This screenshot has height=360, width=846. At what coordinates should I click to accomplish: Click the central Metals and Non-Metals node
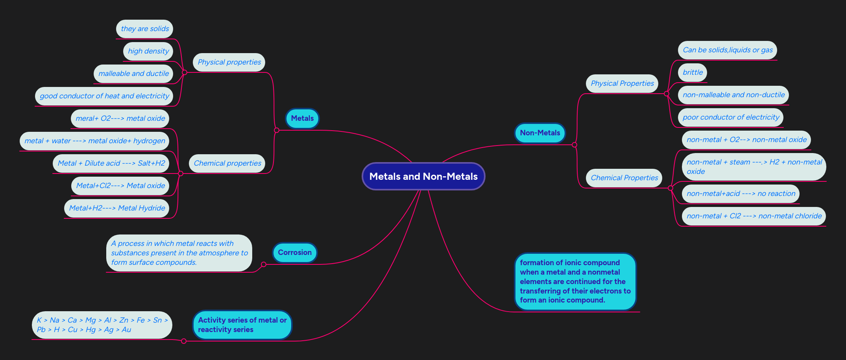(x=423, y=176)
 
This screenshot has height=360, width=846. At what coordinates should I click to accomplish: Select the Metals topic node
(x=302, y=118)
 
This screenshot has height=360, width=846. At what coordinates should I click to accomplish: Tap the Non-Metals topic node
(x=540, y=133)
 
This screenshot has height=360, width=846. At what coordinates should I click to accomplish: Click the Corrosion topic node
(x=295, y=253)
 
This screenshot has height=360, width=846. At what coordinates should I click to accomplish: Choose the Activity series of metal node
(x=242, y=325)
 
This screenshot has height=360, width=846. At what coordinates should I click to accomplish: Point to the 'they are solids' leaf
(x=145, y=29)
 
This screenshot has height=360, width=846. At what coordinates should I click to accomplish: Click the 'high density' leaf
(x=148, y=51)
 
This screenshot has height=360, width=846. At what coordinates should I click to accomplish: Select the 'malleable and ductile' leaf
(x=133, y=74)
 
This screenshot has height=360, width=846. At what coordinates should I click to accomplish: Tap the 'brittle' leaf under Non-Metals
(x=693, y=72)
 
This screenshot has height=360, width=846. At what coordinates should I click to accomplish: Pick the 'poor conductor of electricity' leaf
(x=731, y=117)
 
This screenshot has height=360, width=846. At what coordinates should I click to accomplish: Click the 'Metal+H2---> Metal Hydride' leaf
(x=117, y=208)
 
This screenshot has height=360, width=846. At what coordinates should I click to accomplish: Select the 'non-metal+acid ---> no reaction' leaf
(x=741, y=194)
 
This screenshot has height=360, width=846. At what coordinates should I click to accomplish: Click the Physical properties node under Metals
(x=229, y=62)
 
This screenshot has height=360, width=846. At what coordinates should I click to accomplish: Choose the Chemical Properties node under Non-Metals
(x=624, y=178)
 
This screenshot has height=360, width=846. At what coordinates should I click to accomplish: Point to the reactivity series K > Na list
(x=102, y=325)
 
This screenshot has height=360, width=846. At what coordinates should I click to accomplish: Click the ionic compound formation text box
(x=575, y=281)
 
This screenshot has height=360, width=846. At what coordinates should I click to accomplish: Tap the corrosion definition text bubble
(x=179, y=253)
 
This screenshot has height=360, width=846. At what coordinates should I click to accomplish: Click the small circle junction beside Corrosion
(x=264, y=264)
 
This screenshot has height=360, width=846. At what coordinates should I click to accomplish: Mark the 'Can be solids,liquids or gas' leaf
(x=728, y=50)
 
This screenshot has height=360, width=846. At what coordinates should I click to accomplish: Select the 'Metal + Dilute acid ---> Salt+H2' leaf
(x=111, y=163)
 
